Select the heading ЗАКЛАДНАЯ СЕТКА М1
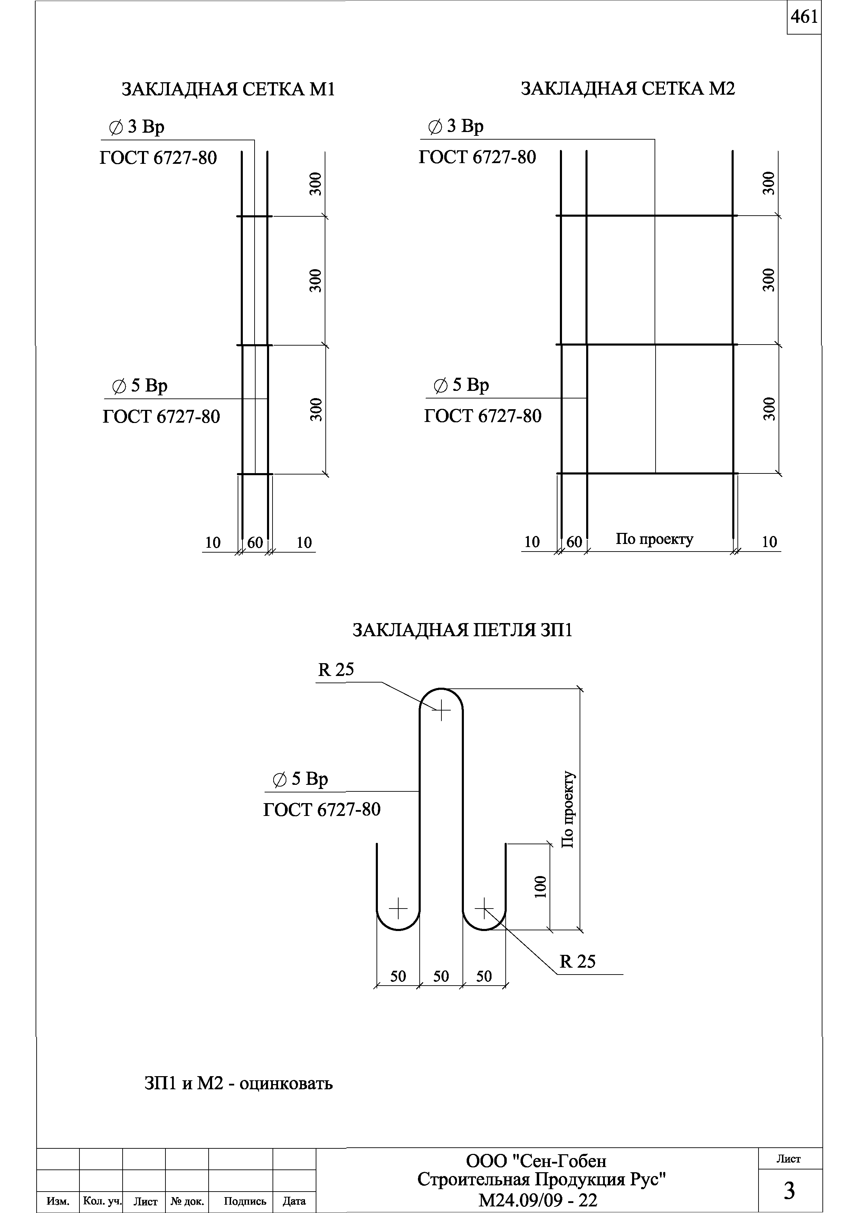click(x=228, y=89)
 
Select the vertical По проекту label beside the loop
click(x=568, y=809)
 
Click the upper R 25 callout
click(x=336, y=670)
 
